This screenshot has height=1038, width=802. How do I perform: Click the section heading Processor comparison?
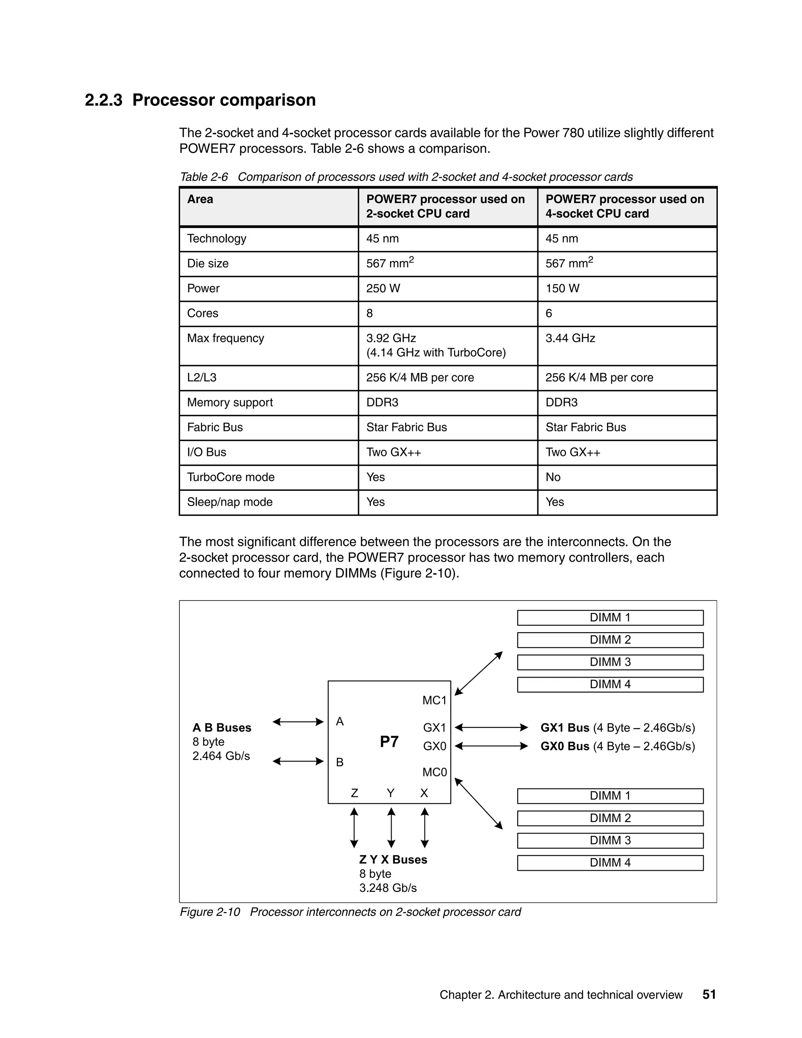(224, 100)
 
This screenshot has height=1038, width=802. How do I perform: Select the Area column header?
(200, 199)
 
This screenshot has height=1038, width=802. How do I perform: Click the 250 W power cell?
(383, 289)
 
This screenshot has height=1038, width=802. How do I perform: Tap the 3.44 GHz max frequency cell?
(570, 338)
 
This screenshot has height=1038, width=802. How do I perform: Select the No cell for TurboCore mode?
(553, 477)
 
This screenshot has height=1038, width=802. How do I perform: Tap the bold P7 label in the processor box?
(389, 741)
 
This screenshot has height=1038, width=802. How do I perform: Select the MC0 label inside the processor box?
(434, 772)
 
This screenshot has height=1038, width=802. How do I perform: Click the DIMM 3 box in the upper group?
(610, 662)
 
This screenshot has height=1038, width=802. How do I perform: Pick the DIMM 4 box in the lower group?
(610, 863)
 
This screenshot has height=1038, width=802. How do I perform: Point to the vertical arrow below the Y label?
(391, 828)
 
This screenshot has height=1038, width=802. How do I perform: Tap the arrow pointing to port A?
(298, 722)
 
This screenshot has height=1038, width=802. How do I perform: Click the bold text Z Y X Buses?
(393, 859)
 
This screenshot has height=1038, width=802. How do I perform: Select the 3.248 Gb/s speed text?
(388, 888)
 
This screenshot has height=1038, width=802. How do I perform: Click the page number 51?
(709, 994)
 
